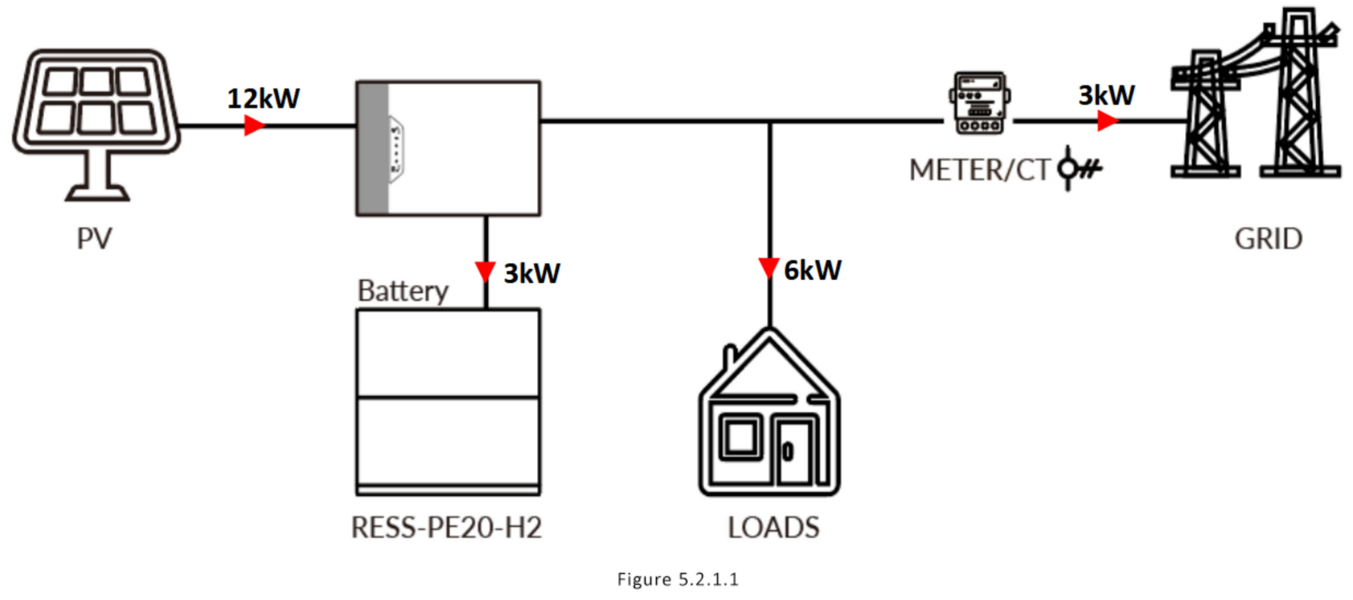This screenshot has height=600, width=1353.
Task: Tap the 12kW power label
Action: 263,98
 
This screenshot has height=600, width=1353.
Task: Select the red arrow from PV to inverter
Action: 254,125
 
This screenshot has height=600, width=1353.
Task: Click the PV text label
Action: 95,239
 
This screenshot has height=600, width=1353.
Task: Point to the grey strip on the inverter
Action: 373,148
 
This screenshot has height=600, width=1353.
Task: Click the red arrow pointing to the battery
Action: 485,272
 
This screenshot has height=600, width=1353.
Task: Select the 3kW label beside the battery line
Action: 532,274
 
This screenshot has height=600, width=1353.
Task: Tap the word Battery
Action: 403,291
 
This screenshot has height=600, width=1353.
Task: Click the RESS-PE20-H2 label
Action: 446,527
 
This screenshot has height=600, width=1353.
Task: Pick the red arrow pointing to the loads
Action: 769,268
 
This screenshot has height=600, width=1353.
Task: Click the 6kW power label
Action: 812,271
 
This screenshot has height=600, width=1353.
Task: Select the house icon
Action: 769,411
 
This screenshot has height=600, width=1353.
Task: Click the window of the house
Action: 741,437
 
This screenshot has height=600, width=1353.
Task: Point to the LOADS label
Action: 774,527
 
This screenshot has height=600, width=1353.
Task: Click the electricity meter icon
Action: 980,103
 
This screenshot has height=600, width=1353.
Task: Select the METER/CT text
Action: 979,170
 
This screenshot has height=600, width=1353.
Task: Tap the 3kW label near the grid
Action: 1106,95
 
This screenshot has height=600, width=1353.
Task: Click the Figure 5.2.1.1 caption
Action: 678,579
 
